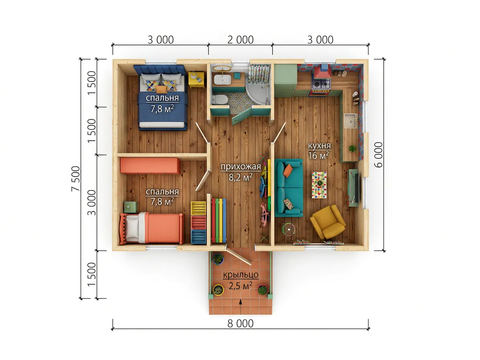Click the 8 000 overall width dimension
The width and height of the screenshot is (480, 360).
[x=240, y=323]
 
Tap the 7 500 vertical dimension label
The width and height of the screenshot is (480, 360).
[x=76, y=178]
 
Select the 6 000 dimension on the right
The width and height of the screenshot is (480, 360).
[x=378, y=155]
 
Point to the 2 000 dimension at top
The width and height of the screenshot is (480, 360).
[x=240, y=39]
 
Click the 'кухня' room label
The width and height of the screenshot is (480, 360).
[x=319, y=145]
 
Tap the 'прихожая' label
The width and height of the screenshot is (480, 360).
[x=241, y=166]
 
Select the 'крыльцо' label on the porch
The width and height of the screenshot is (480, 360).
[x=241, y=274]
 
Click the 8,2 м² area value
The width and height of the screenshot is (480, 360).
[x=241, y=177]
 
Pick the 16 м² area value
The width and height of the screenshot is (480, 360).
[x=319, y=155]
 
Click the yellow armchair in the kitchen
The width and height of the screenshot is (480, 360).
[x=327, y=222]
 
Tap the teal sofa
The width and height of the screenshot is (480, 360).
[x=289, y=187]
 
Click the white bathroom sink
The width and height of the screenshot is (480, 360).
[x=222, y=79]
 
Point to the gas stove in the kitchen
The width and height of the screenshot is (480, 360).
[x=321, y=84]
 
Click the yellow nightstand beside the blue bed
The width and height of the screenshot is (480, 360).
[x=196, y=79]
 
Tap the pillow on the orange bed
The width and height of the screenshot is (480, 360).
[x=133, y=227]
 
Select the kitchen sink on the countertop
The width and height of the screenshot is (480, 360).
[x=350, y=121]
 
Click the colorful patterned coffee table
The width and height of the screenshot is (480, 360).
[x=319, y=185]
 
